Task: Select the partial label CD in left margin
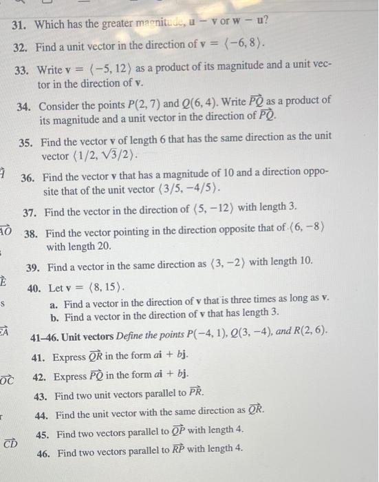[10, 443]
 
